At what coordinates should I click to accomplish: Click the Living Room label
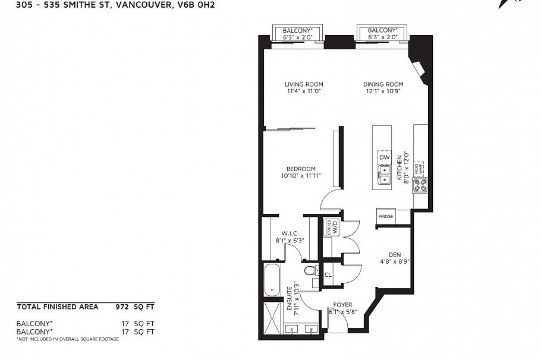pyautogui.click(x=303, y=84)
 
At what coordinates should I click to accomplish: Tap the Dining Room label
pyautogui.click(x=383, y=84)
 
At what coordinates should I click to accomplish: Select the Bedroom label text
pyautogui.click(x=300, y=169)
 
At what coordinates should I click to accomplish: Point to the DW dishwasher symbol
pyautogui.click(x=383, y=157)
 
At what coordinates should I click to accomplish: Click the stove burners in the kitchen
pyautogui.click(x=420, y=185)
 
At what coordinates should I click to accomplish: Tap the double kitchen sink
pyautogui.click(x=384, y=174)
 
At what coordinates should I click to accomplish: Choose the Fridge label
pyautogui.click(x=385, y=217)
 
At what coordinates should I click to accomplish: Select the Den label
pyautogui.click(x=395, y=254)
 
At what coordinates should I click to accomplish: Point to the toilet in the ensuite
pyautogui.click(x=310, y=272)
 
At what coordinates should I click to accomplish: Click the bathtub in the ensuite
pyautogui.click(x=273, y=281)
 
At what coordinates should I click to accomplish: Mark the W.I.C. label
pyautogui.click(x=289, y=233)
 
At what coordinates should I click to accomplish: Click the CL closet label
pyautogui.click(x=328, y=274)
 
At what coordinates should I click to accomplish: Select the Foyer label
pyautogui.click(x=342, y=305)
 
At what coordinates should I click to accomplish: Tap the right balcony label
pyautogui.click(x=382, y=30)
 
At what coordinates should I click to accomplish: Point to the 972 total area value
pyautogui.click(x=122, y=307)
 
